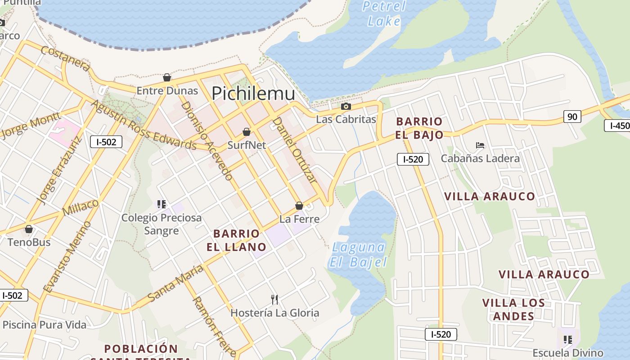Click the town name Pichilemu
click(253, 93)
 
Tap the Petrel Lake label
click(384, 13)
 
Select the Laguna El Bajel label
click(358, 255)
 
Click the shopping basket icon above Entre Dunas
click(167, 77)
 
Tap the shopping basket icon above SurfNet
click(246, 132)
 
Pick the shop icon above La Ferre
click(299, 206)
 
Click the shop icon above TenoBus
click(29, 229)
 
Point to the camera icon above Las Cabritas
click(346, 107)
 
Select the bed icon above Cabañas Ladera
click(480, 145)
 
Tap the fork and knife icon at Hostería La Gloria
click(274, 299)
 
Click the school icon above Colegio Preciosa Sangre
click(162, 204)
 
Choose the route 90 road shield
click(572, 117)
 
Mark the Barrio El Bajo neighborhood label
click(419, 128)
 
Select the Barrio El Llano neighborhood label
click(236, 240)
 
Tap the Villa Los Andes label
click(513, 310)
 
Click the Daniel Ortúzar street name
click(295, 150)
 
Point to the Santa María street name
click(175, 284)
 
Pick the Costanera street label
click(66, 58)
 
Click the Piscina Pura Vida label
click(44, 324)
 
